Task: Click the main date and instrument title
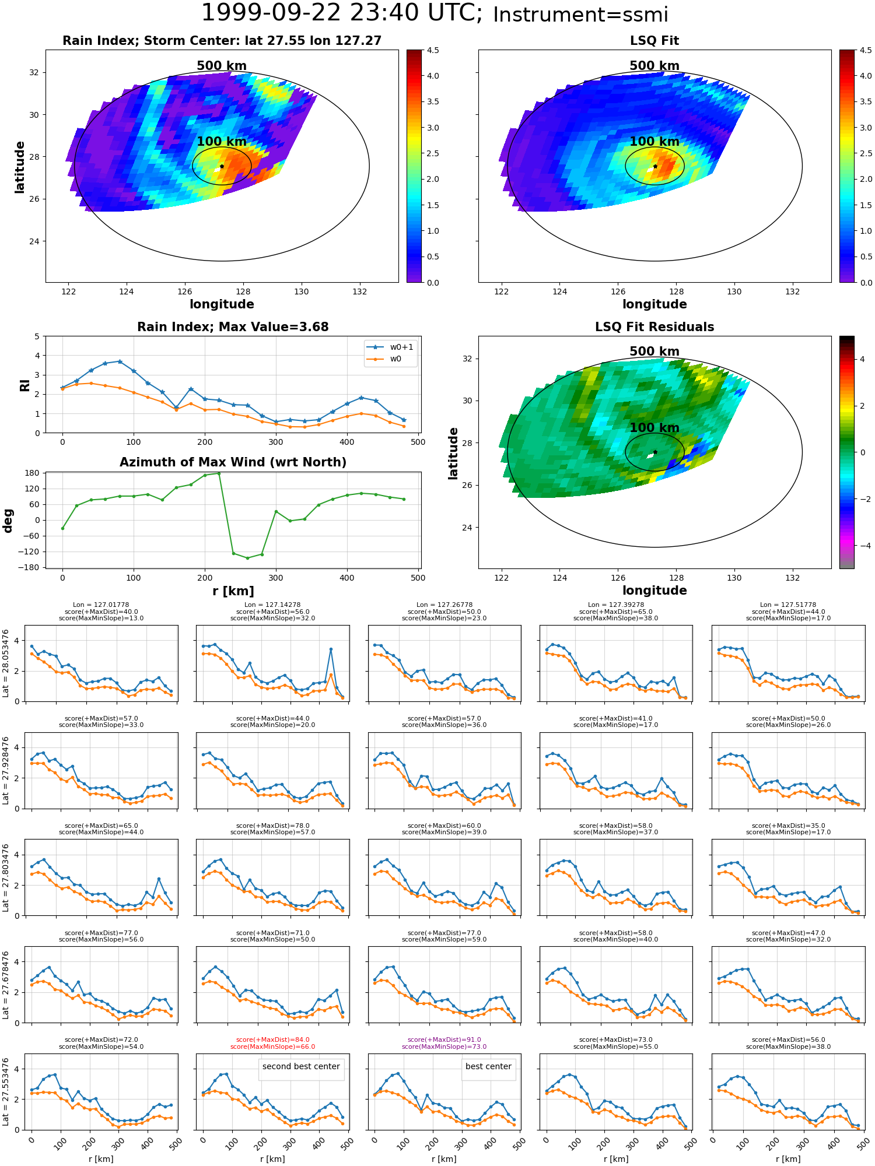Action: [x=435, y=13]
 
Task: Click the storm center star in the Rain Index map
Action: [x=222, y=166]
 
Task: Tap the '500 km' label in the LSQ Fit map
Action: [x=654, y=66]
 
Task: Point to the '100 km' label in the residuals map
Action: [x=654, y=428]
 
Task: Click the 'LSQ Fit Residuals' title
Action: [x=654, y=327]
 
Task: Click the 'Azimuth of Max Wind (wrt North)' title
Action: [x=233, y=462]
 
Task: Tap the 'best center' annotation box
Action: [x=488, y=1066]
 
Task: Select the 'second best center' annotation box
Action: [x=301, y=1066]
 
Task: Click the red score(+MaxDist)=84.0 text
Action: [x=272, y=1040]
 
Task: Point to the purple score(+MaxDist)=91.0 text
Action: [x=444, y=1040]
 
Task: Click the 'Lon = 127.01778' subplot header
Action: [x=101, y=605]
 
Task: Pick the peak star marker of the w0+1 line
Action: [x=120, y=361]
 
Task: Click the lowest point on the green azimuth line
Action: [x=247, y=558]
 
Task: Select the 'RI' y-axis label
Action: [x=24, y=385]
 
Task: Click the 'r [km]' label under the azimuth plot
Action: [x=233, y=591]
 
